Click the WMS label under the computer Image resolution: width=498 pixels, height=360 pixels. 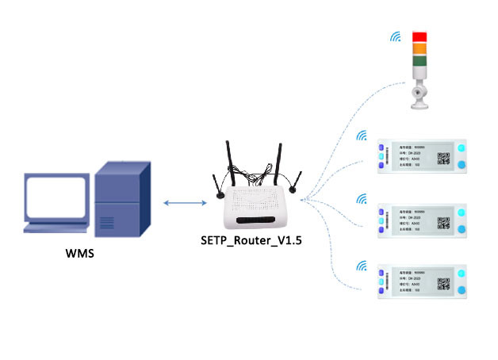click(81, 256)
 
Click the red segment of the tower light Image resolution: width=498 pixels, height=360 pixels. click(419, 37)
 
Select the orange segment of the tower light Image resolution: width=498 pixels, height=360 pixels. click(419, 49)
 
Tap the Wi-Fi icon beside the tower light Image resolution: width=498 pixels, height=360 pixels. click(395, 37)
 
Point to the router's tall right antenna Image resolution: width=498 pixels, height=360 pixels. click(278, 163)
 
